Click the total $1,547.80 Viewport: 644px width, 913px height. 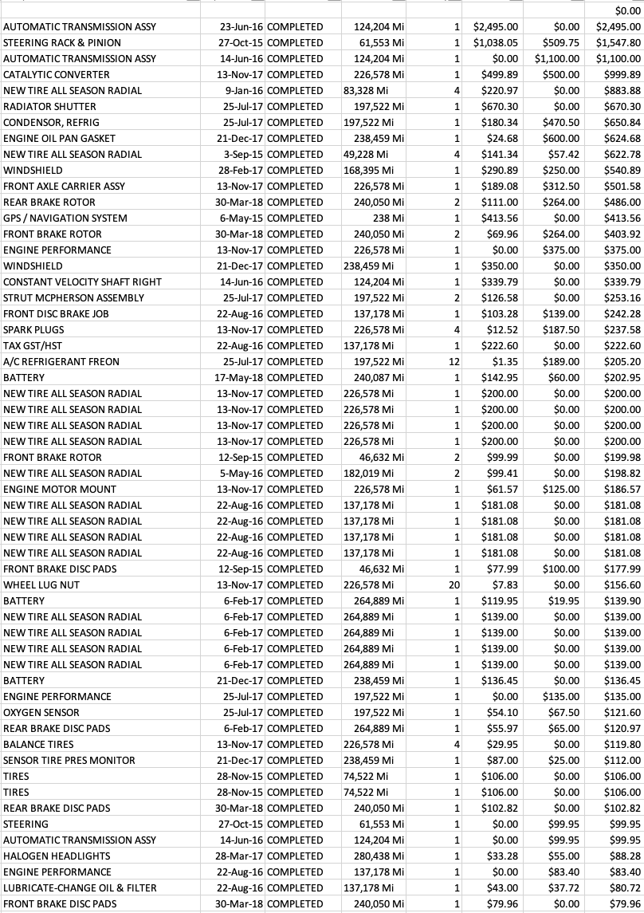click(618, 42)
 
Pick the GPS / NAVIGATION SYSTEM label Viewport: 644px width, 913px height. click(65, 218)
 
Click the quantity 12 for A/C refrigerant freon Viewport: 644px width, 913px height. click(454, 361)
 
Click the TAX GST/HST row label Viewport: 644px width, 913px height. click(34, 345)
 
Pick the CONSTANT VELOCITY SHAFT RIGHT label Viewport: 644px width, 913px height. click(82, 281)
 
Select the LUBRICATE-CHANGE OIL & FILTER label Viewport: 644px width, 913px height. click(80, 887)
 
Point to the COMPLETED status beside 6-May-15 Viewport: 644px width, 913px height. click(295, 218)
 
